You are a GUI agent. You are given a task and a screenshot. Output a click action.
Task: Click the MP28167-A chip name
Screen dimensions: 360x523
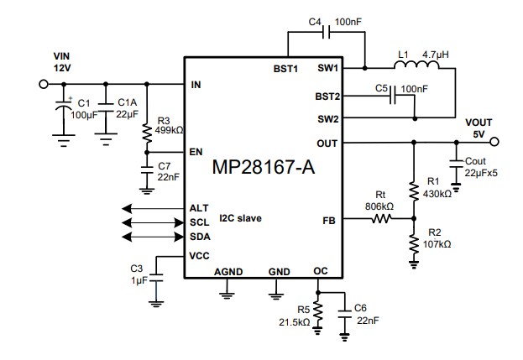[x=263, y=168]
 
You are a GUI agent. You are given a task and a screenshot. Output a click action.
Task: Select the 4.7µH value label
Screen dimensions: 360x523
[x=437, y=54]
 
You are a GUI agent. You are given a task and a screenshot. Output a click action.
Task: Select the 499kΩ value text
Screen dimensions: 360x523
[x=171, y=130]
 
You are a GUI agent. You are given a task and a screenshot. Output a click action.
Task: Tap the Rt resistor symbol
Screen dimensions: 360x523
[x=383, y=220]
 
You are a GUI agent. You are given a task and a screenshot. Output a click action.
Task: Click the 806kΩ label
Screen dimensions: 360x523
[x=380, y=206]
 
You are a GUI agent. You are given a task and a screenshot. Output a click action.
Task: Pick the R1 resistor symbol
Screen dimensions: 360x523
[x=414, y=189]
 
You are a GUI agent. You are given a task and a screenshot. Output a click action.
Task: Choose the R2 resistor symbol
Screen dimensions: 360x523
[x=414, y=243]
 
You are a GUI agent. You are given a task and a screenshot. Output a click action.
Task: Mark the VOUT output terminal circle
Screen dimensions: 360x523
[x=494, y=142]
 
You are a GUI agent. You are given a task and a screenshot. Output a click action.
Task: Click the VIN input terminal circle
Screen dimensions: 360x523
[x=43, y=84]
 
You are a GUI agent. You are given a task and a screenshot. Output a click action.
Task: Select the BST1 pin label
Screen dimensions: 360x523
[x=286, y=68]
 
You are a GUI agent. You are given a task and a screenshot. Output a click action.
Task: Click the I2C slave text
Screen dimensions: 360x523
[x=240, y=219]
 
